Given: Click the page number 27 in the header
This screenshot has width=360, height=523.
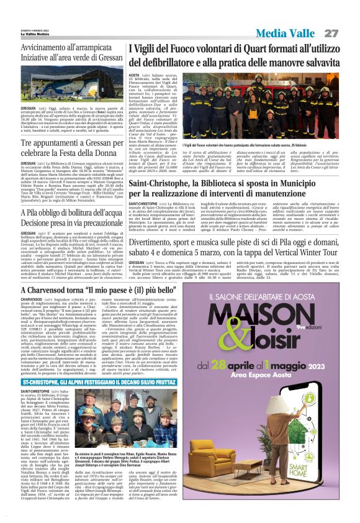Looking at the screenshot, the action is [x=331, y=32].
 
